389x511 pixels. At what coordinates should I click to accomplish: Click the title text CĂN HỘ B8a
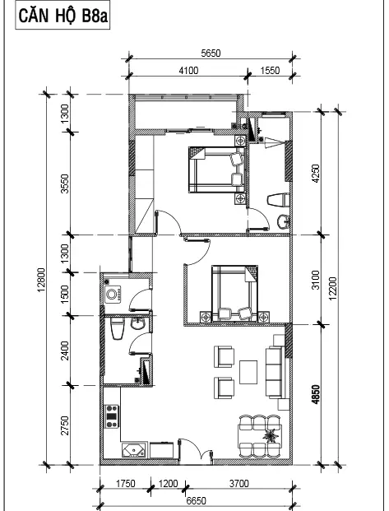(63, 16)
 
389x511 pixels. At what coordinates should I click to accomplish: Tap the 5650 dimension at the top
(211, 53)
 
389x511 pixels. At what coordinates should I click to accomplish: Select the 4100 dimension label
(188, 71)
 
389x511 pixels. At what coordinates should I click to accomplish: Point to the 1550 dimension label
(270, 71)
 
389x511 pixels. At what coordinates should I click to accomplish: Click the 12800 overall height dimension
(41, 280)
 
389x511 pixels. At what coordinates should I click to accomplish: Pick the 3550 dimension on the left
(65, 183)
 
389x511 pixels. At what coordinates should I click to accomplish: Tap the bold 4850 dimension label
(316, 395)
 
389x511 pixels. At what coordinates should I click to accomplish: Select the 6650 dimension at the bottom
(196, 500)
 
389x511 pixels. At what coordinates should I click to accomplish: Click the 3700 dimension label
(238, 483)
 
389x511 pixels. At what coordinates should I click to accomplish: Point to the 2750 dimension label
(65, 425)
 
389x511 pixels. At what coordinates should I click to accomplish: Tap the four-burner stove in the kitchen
(111, 416)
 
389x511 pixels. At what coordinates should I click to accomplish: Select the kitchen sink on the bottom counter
(134, 450)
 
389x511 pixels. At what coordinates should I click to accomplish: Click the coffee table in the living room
(248, 372)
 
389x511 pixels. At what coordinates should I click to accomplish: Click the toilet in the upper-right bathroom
(278, 200)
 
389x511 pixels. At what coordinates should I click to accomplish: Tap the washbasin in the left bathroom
(138, 324)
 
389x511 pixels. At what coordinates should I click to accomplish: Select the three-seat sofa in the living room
(274, 373)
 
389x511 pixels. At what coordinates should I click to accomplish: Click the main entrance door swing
(196, 450)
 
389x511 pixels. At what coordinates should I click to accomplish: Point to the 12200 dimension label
(332, 289)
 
